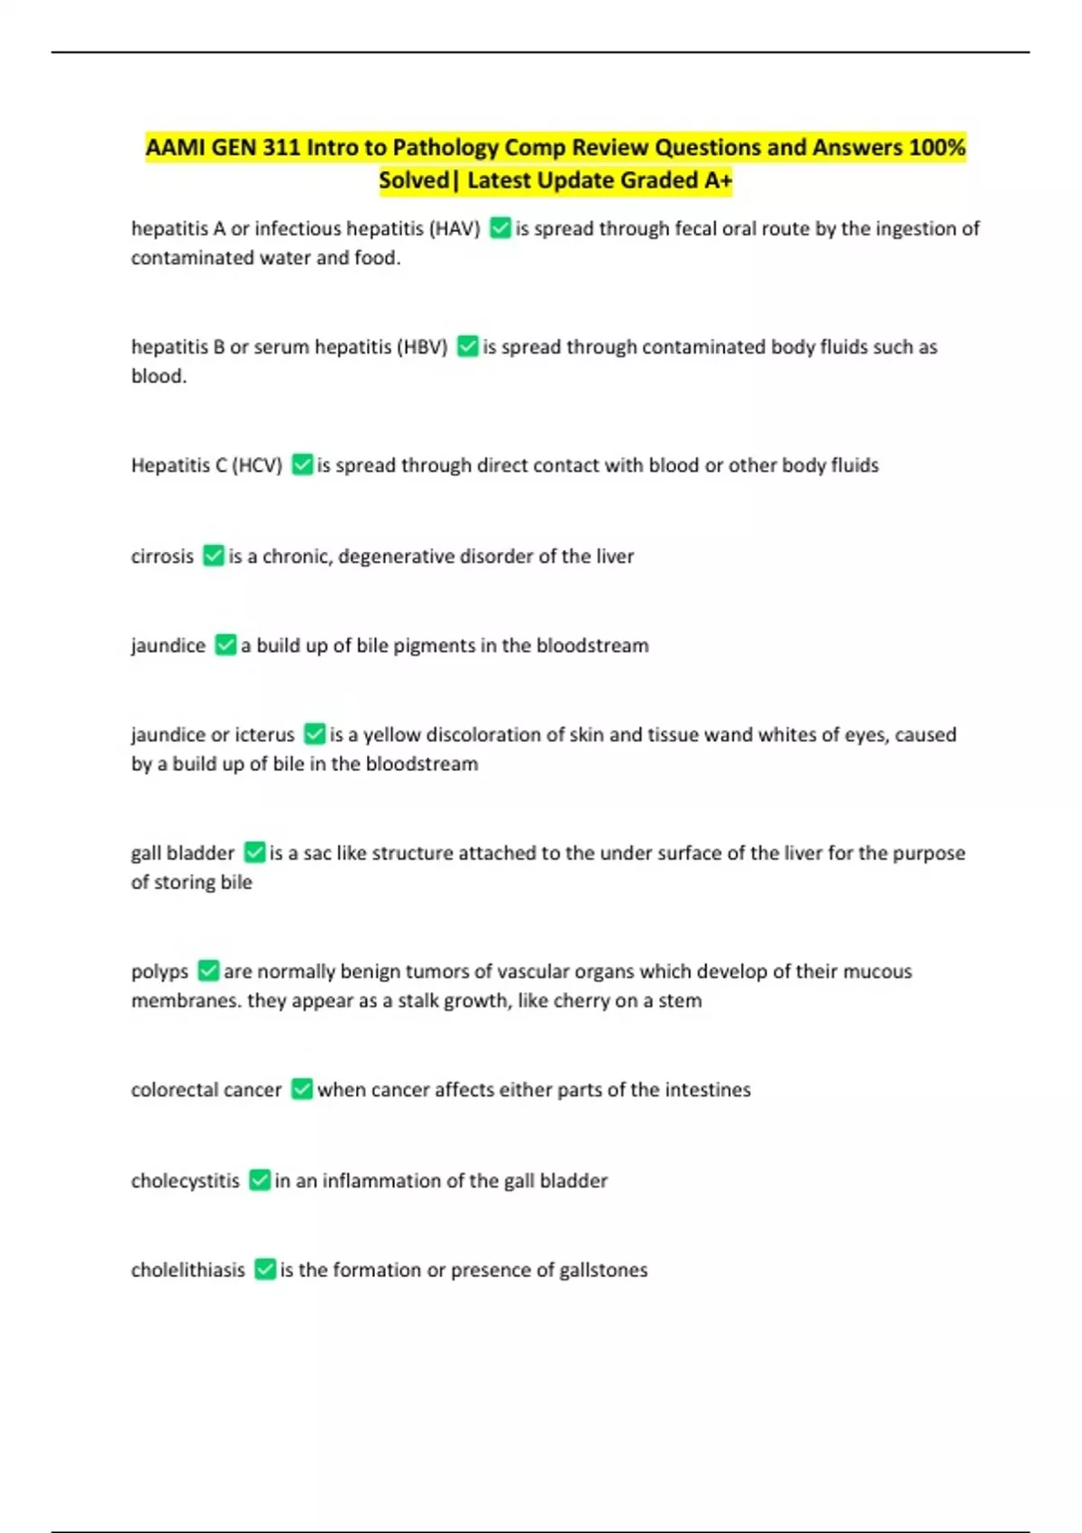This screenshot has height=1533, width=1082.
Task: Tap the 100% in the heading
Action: pyautogui.click(x=937, y=147)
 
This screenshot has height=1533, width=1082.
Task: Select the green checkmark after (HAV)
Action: pyautogui.click(x=500, y=229)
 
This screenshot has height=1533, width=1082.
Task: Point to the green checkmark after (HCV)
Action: pyautogui.click(x=302, y=465)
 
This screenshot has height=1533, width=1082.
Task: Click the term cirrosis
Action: pyautogui.click(x=162, y=556)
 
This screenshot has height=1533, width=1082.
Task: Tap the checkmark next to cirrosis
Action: pyautogui.click(x=213, y=556)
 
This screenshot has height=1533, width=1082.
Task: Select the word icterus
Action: pyautogui.click(x=265, y=735)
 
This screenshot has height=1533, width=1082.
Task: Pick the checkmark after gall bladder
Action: pyautogui.click(x=254, y=853)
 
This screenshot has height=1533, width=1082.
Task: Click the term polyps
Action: pyautogui.click(x=160, y=972)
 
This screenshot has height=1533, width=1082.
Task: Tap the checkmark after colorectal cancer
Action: pyautogui.click(x=302, y=1090)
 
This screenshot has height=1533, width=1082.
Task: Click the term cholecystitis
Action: pyautogui.click(x=186, y=1181)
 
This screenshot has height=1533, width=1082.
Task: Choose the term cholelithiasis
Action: pyautogui.click(x=188, y=1271)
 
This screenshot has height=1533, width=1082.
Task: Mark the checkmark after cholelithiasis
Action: pyautogui.click(x=264, y=1271)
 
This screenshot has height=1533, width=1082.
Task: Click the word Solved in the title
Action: pyautogui.click(x=414, y=180)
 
